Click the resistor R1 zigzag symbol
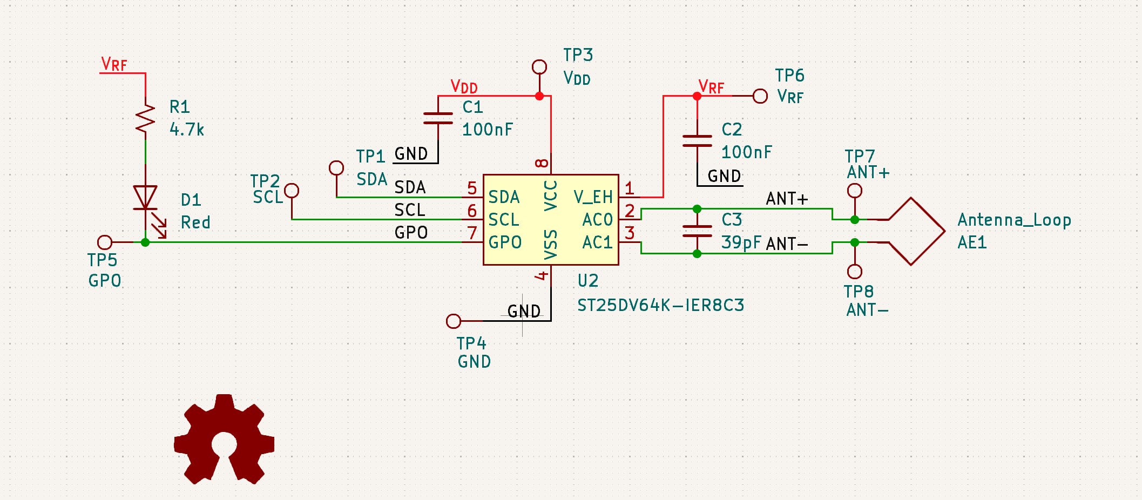click(145, 119)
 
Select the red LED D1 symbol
click(145, 198)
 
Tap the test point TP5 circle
click(105, 242)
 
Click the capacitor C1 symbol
click(438, 118)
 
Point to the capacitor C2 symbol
click(697, 141)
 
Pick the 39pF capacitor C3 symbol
click(697, 231)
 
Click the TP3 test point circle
click(539, 67)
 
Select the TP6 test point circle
click(760, 96)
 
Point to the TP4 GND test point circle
click(454, 321)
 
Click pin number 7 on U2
click(472, 233)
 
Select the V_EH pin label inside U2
click(593, 197)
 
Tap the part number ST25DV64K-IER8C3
click(660, 306)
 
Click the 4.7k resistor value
click(187, 130)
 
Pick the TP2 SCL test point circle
click(292, 191)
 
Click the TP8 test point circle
click(854, 271)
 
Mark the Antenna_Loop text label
click(1014, 220)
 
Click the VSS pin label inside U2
click(550, 244)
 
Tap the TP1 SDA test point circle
click(336, 168)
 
